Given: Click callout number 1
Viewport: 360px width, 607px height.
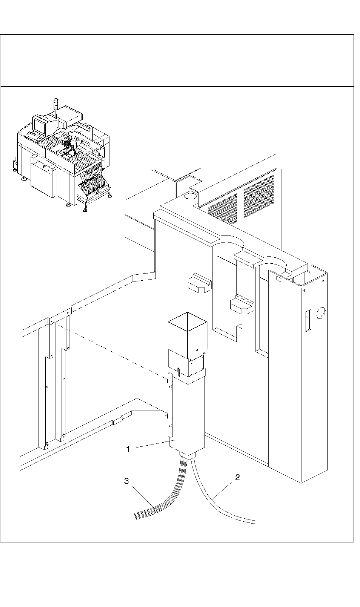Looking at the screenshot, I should pos(128,449).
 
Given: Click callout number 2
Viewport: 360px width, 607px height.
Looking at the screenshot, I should pos(237,477).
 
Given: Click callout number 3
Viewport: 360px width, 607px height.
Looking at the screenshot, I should pos(127,481).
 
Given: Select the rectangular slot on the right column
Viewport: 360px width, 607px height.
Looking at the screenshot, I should pos(307,320).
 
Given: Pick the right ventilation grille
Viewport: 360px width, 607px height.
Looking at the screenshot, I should pos(258,195).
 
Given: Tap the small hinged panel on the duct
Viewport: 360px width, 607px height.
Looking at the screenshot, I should pos(197,364).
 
